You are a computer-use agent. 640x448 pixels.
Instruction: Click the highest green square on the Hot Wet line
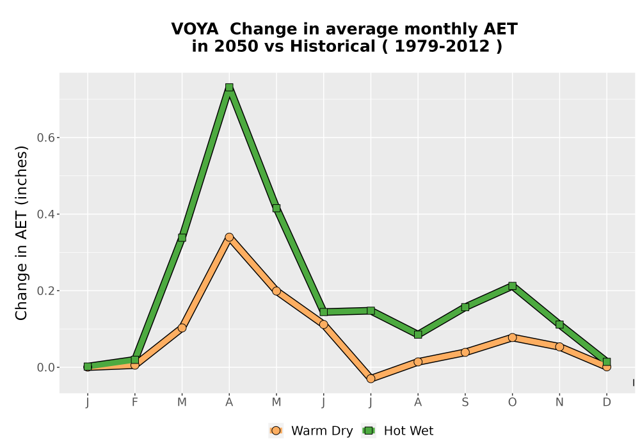(x=229, y=87)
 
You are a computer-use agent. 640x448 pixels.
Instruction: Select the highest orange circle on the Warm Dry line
(x=229, y=237)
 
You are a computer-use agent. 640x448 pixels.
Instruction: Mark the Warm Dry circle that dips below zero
(x=371, y=378)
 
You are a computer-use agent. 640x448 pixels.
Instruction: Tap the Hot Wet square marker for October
(x=512, y=285)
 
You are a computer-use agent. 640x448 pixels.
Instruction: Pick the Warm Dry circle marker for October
(x=512, y=337)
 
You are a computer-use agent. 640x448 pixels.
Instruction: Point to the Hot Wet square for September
(x=465, y=307)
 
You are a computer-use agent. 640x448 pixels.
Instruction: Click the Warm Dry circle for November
(x=559, y=347)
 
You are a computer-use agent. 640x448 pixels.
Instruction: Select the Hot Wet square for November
(x=559, y=324)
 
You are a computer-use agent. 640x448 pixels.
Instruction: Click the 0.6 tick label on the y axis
(x=45, y=138)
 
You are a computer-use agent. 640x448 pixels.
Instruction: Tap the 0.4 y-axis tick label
(x=45, y=214)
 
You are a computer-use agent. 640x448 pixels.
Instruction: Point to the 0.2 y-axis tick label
(x=45, y=291)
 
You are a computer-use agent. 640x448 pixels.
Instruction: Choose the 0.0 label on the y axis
(x=45, y=367)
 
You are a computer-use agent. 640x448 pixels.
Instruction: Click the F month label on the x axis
(x=134, y=403)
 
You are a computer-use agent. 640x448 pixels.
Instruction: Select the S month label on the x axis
(x=465, y=403)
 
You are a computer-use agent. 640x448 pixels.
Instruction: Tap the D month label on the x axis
(x=607, y=403)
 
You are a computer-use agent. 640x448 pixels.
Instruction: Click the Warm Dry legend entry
(x=311, y=431)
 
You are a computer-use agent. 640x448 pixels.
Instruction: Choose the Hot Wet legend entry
(x=398, y=431)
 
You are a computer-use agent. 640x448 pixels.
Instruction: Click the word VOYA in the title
(x=195, y=29)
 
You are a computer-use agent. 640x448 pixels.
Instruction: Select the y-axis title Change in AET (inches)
(x=21, y=233)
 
